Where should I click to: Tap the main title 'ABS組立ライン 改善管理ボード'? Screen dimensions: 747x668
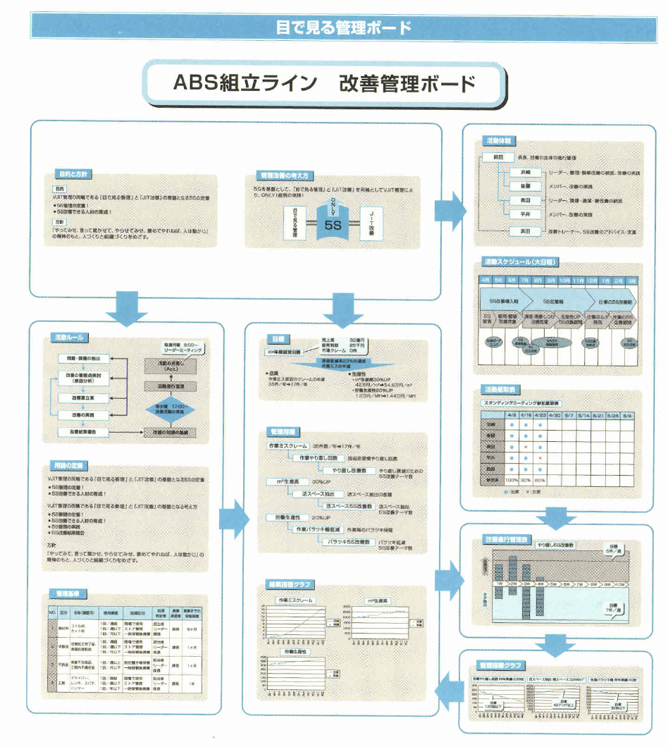[x=325, y=83]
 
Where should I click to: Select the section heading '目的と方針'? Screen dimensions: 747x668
[x=73, y=173]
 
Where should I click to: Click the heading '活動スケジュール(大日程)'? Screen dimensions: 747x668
[x=520, y=262]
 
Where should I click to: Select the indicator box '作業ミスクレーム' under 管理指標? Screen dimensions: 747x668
[x=287, y=447]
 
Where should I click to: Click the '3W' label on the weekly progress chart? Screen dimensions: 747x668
[x=526, y=584]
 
